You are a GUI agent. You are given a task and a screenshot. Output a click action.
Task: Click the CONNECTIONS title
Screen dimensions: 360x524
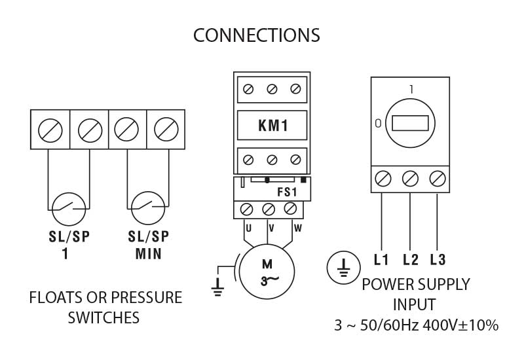point(257,35)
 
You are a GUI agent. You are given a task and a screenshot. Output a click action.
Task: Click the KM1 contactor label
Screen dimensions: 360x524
point(272,126)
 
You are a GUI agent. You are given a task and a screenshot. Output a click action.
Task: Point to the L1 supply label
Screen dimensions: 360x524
point(381,260)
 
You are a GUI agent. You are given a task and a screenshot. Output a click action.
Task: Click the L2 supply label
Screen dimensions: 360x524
point(411,260)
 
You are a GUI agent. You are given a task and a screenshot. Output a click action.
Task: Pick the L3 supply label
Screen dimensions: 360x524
point(438,260)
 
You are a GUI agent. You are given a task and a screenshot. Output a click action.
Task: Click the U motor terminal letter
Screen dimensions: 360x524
point(249,228)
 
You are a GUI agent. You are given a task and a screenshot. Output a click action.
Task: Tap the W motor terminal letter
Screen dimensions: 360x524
point(297,228)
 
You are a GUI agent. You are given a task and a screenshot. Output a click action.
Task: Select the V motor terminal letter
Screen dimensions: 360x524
point(271,228)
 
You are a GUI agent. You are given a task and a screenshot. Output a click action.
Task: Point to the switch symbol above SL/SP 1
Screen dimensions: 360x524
point(68,209)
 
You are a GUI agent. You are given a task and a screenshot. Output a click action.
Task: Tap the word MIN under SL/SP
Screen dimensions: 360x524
point(149,254)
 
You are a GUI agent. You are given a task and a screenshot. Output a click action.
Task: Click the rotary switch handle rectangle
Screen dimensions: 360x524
point(410,123)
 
